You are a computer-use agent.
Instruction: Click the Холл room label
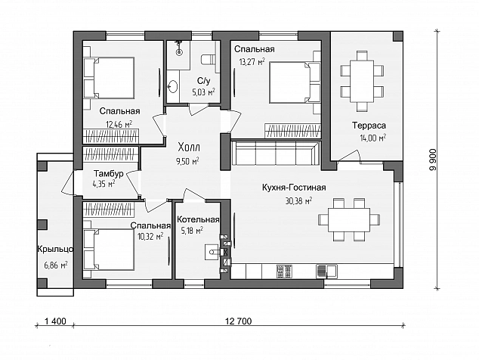point(189,147)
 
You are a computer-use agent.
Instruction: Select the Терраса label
point(369,126)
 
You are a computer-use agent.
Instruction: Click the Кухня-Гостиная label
point(294,188)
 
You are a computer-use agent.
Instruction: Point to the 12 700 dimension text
point(239,321)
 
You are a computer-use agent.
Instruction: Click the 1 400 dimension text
point(55,321)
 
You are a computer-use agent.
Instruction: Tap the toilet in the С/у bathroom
point(209,60)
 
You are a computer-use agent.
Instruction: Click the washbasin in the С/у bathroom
point(172,86)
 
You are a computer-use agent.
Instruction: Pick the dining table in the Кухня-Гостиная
point(349,220)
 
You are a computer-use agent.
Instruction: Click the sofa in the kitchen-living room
point(276,152)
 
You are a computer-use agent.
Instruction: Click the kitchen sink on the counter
point(327,272)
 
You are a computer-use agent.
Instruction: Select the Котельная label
point(198,219)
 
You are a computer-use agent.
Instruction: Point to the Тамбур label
point(109,174)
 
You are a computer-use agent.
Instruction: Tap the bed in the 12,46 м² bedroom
point(109,78)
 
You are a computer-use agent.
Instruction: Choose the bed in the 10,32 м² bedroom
point(109,250)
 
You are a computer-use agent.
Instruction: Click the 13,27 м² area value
point(252,62)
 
